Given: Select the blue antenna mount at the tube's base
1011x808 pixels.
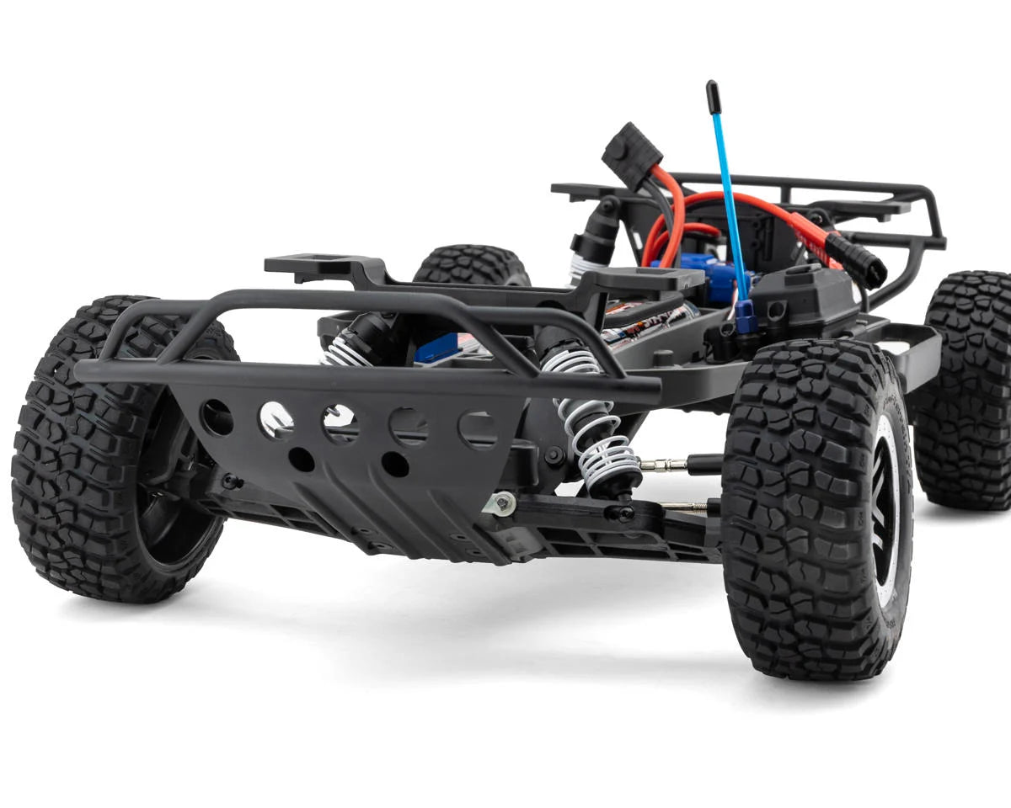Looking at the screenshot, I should (745, 316).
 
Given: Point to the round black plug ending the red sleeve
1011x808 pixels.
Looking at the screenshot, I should (867, 267).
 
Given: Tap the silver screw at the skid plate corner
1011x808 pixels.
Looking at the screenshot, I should (502, 503).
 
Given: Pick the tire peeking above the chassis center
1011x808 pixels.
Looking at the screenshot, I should (472, 264).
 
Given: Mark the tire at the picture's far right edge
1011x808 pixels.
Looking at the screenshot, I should (969, 387).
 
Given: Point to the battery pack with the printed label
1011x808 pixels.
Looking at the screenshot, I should (649, 323).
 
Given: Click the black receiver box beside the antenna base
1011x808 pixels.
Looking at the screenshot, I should (800, 299).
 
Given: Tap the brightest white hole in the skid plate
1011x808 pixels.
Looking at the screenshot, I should (275, 417).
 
